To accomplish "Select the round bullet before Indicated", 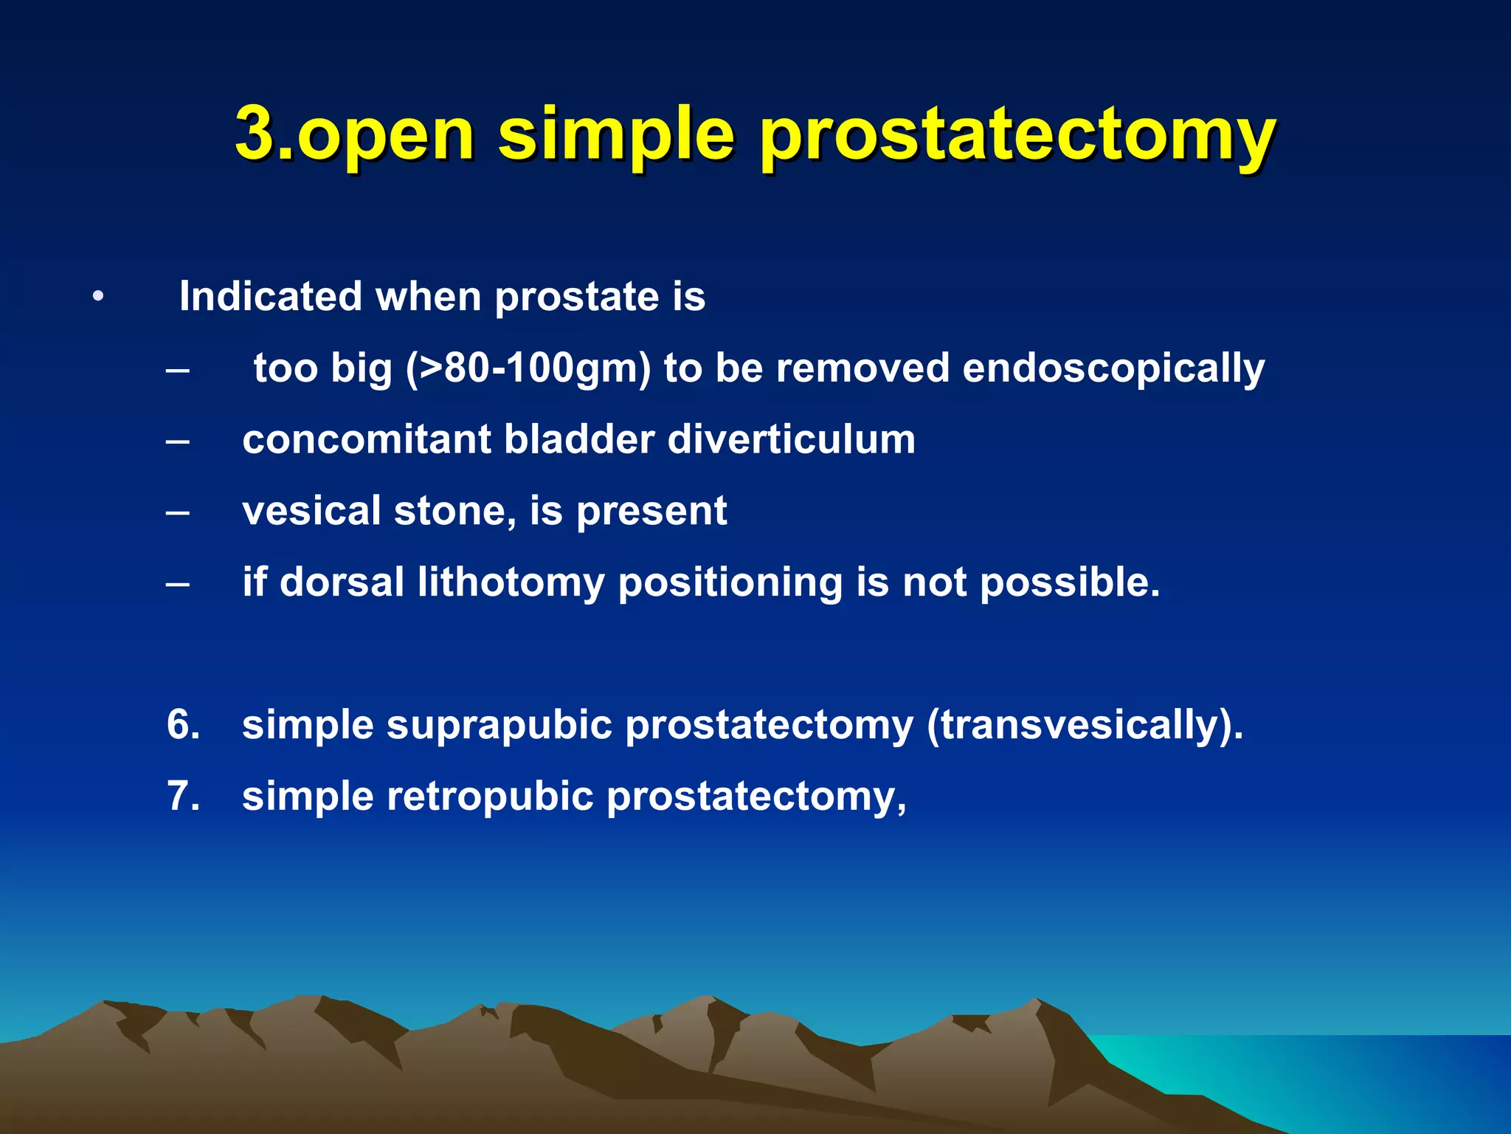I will (98, 298).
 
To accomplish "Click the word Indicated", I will (270, 296).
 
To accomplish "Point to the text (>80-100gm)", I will (528, 368).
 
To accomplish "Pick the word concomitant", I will (366, 439).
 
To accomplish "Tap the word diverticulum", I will (791, 439).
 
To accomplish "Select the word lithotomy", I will (511, 583).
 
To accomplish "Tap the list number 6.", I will (183, 724).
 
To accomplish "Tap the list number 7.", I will (183, 796).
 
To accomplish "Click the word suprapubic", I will (499, 725).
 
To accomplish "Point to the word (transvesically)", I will (1085, 725).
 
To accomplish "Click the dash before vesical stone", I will (178, 512).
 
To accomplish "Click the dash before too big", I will (178, 369).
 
